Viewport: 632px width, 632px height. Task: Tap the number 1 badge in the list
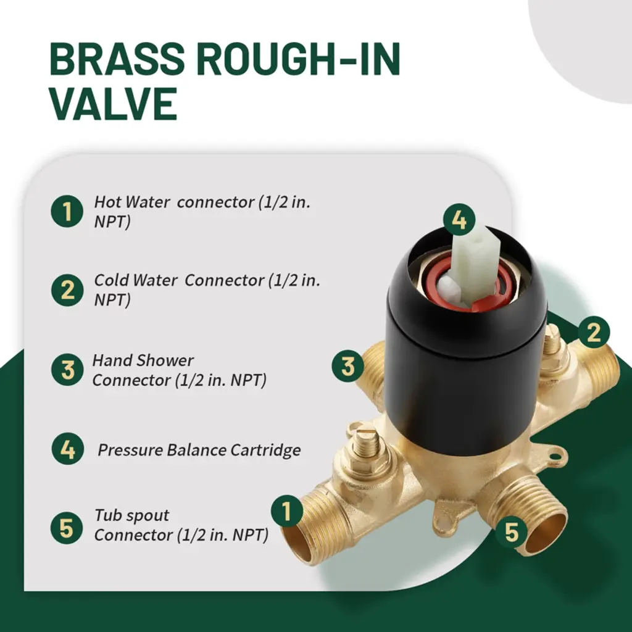pos(67,211)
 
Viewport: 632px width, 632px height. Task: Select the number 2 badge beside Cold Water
pos(67,290)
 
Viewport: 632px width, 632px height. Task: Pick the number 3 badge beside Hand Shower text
pos(67,370)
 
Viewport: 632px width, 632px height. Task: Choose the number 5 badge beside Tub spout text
pos(67,528)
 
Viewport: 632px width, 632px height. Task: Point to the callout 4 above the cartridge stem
pos(459,220)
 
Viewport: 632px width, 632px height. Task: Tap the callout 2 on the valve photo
pos(594,333)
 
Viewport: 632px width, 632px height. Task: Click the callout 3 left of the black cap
pos(348,367)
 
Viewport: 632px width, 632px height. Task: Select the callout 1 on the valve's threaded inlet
pos(287,511)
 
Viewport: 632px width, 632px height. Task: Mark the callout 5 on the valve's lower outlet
pos(512,532)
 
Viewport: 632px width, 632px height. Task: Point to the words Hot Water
pos(132,202)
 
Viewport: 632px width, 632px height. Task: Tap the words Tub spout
pos(132,516)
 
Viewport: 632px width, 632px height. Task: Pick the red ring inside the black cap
pos(468,286)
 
